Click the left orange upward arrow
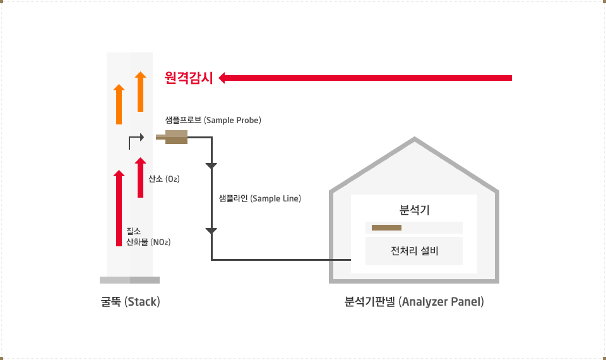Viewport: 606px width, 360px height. pyautogui.click(x=119, y=104)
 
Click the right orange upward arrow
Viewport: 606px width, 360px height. pyautogui.click(x=140, y=92)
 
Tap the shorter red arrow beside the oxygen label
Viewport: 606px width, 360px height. pyautogui.click(x=140, y=177)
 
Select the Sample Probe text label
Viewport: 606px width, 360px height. pyautogui.click(x=213, y=120)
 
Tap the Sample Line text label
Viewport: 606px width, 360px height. pyautogui.click(x=259, y=198)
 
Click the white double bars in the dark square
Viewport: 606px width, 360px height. pyautogui.click(x=211, y=198)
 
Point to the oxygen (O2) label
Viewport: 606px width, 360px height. pyautogui.click(x=164, y=179)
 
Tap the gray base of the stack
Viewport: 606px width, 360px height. pyautogui.click(x=129, y=280)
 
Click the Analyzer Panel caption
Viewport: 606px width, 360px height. pyautogui.click(x=414, y=302)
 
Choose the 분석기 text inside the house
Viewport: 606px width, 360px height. pyautogui.click(x=414, y=210)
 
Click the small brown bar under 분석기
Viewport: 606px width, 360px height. pyautogui.click(x=386, y=227)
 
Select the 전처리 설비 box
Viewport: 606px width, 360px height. pyautogui.click(x=414, y=251)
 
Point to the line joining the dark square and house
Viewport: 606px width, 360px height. pyautogui.click(x=324, y=260)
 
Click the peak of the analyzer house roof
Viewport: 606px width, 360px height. pyautogui.click(x=414, y=145)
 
